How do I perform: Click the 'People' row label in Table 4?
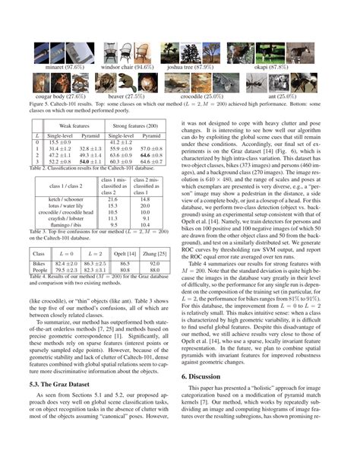coord(39,270)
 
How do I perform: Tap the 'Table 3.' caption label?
coord(36,232)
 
